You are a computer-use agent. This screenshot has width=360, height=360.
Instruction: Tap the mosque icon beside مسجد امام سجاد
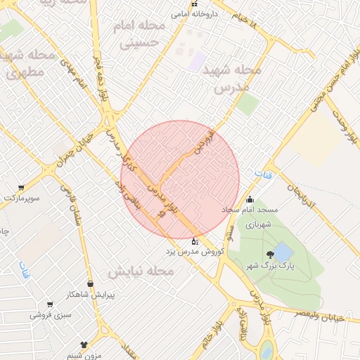pos(250,200)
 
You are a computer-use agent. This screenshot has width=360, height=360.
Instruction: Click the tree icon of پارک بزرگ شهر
pos(269,255)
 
